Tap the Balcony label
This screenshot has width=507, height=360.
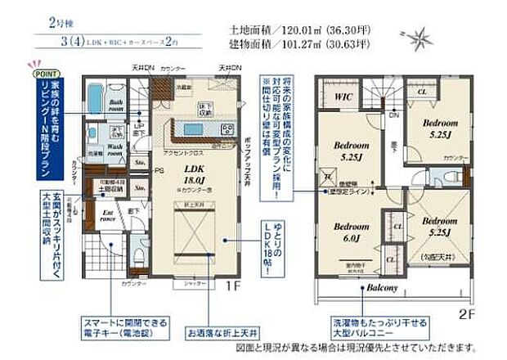pyautogui.click(x=381, y=288)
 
